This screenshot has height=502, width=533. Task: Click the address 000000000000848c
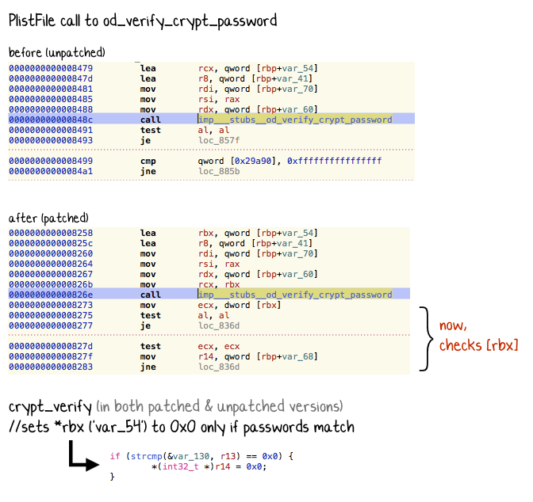pos(51,120)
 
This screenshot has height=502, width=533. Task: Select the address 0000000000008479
pos(51,68)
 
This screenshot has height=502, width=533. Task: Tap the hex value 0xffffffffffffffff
pos(334,161)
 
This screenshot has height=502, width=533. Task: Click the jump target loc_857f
pos(219,140)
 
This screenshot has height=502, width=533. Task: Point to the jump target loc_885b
pos(219,171)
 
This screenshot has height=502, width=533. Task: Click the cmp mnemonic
pos(148,162)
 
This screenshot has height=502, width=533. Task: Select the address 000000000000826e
pos(51,295)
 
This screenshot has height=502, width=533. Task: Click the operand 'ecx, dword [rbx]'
pos(240,305)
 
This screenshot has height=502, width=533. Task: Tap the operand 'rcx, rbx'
pos(219,284)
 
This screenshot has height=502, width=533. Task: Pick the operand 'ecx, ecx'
pos(219,346)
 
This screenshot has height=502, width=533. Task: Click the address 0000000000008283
pos(51,367)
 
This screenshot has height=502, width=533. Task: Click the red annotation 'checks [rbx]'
pos(478,345)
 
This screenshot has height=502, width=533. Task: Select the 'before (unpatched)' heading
pos(57,53)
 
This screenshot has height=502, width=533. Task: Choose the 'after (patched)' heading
pos(48,218)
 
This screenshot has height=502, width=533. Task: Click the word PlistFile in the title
pos(32,21)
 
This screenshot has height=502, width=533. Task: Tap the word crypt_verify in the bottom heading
pos(50,407)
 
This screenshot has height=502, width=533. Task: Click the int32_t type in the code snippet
pos(180,466)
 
